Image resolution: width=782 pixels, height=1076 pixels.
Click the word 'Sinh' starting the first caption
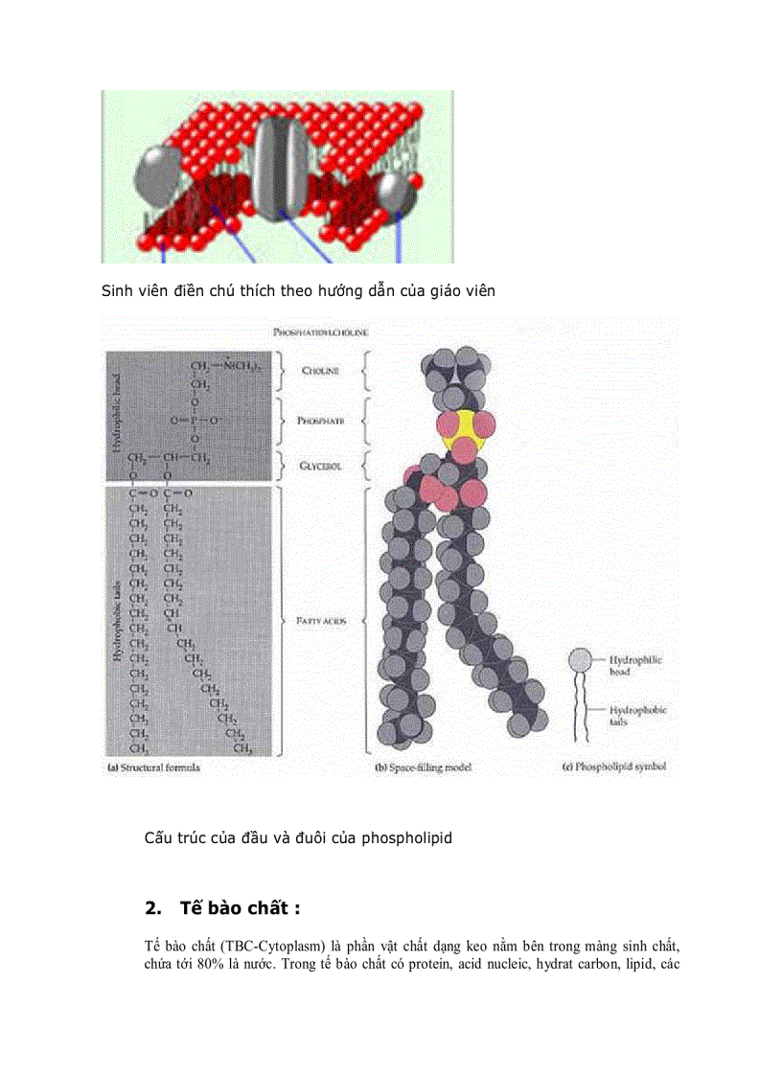click(118, 290)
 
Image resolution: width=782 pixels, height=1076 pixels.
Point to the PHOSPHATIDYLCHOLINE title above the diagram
click(322, 332)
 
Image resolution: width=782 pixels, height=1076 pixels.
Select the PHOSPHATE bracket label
click(321, 421)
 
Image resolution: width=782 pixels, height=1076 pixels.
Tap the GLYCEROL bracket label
click(321, 467)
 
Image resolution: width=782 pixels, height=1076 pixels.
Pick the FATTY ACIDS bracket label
click(321, 621)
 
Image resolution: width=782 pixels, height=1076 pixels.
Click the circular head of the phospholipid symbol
click(579, 660)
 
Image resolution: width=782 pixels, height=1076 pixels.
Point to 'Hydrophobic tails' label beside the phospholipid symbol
click(638, 717)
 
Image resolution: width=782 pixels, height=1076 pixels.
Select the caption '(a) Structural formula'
click(152, 767)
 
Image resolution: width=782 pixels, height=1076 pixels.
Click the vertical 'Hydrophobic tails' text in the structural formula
click(117, 613)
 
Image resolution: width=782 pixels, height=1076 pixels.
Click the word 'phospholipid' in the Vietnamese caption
click(403, 838)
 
